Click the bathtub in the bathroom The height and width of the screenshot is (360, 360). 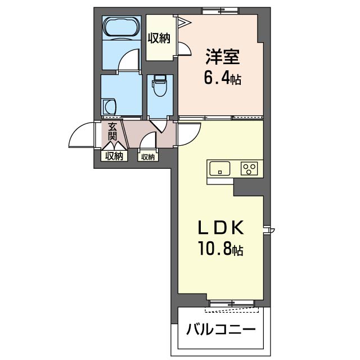click(x=121, y=26)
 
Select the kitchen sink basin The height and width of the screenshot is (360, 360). click(x=220, y=168)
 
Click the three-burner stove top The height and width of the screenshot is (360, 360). click(x=249, y=169)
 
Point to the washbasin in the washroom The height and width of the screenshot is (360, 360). click(x=109, y=107)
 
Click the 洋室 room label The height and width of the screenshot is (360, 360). click(x=223, y=57)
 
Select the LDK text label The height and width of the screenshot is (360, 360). click(x=220, y=227)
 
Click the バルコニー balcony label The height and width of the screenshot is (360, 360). click(x=220, y=330)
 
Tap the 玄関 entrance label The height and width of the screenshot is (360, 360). click(x=112, y=132)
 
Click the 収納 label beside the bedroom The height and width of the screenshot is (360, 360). click(x=159, y=38)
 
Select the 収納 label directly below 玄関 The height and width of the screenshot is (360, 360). click(x=114, y=156)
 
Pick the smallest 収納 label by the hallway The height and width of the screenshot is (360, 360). click(x=148, y=157)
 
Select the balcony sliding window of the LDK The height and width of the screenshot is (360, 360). click(x=232, y=303)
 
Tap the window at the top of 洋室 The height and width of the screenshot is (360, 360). click(x=220, y=11)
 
